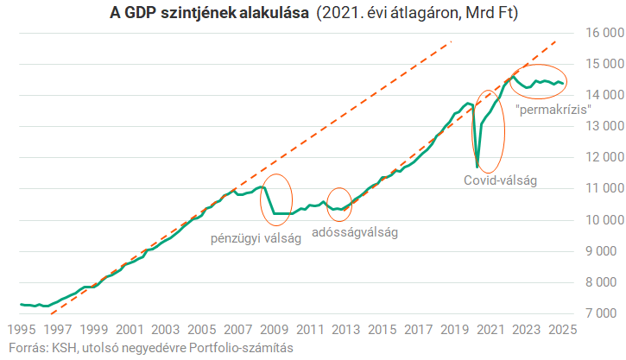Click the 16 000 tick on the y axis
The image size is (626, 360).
(601, 33)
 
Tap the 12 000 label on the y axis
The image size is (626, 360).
(601, 157)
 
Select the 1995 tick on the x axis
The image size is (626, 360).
(20, 329)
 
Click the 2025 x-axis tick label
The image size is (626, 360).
(562, 329)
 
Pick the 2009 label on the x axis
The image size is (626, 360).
(274, 329)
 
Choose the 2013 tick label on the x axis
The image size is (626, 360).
(345, 329)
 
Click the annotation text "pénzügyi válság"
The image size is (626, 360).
(256, 239)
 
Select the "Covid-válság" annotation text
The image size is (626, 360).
(500, 180)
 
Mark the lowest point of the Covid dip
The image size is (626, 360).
(477, 167)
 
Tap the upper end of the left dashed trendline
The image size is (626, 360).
(452, 41)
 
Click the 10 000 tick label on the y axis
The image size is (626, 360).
(601, 219)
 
